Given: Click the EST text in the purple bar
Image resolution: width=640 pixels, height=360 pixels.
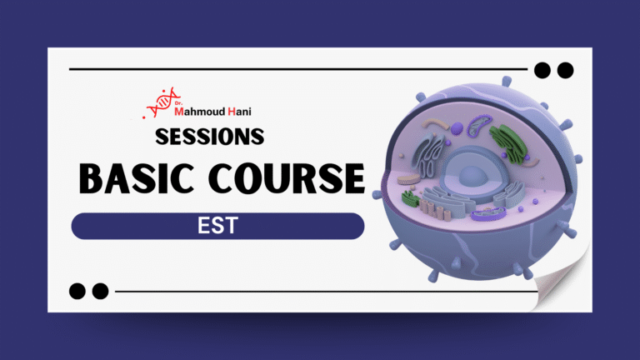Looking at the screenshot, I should pyautogui.click(x=217, y=226).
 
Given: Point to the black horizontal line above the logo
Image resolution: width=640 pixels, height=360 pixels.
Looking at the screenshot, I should pyautogui.click(x=292, y=69).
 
